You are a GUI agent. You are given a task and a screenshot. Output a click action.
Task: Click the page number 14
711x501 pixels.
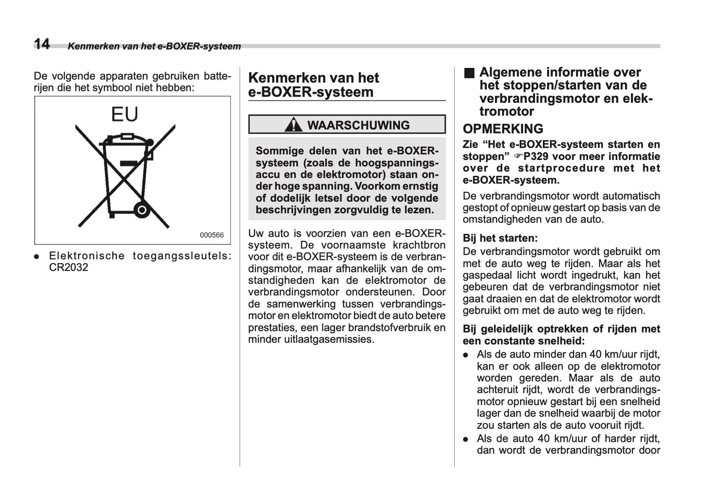point(42,44)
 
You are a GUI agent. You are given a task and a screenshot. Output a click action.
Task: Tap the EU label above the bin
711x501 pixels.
point(124,114)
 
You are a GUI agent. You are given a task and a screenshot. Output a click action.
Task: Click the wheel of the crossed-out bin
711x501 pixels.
point(142,211)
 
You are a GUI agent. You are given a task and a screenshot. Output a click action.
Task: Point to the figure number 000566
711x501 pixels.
point(212,235)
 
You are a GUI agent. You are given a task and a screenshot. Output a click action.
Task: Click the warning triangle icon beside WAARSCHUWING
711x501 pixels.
point(294,125)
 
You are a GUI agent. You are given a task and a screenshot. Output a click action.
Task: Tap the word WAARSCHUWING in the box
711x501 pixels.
point(358,125)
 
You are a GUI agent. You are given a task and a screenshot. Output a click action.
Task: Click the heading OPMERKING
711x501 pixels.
point(503,129)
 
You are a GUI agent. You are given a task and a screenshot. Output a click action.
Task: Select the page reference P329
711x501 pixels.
point(535,157)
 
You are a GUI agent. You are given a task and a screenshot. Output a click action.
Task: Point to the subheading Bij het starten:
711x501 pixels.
point(500,238)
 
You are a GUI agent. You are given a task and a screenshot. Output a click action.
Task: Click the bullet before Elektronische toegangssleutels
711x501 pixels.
point(37,256)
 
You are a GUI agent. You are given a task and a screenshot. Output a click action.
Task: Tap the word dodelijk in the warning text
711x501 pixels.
point(288,198)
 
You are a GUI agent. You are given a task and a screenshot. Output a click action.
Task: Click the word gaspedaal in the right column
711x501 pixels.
point(485,275)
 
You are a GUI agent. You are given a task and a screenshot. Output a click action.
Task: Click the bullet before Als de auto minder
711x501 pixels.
point(465,355)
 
